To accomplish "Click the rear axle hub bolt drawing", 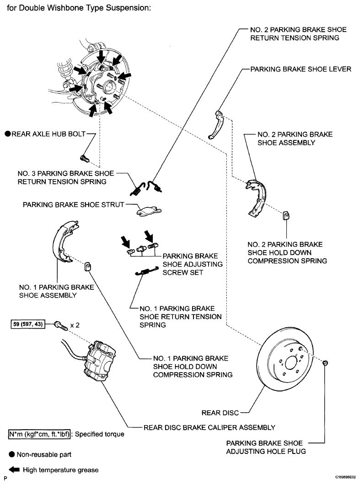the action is pos(85,158).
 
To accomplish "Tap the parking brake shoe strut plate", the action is pos(149,210).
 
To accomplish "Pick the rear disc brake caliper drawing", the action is pos(100,361).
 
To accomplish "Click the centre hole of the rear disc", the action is pos(291,362).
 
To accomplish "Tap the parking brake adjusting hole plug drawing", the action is pos(325,363).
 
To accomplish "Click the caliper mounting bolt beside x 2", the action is pos(61,325).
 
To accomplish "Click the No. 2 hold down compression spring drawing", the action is pos(286,215).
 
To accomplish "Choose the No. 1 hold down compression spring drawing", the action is pos(88,266).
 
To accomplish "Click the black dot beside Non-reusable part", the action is pos(12,454).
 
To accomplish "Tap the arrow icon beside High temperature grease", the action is pos(14,470).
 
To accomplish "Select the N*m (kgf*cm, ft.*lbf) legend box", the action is pos(39,434).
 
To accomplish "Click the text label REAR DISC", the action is pos(220,413).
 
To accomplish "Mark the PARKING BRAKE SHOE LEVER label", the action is pos(301,69).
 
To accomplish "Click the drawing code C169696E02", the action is pos(345,478).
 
